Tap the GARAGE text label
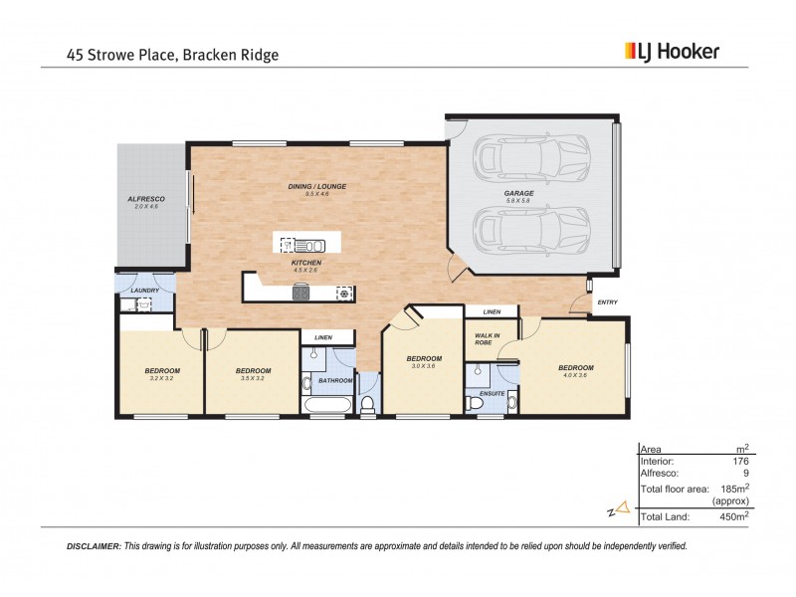pyautogui.click(x=518, y=193)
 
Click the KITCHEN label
pyautogui.click(x=305, y=263)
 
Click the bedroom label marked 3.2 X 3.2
pyautogui.click(x=161, y=373)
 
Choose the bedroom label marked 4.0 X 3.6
pyautogui.click(x=575, y=370)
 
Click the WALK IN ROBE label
pyautogui.click(x=487, y=338)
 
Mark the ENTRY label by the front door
pyautogui.click(x=607, y=302)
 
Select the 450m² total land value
pyautogui.click(x=734, y=516)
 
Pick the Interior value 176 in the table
pyautogui.click(x=739, y=461)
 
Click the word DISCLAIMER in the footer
pyautogui.click(x=93, y=546)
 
